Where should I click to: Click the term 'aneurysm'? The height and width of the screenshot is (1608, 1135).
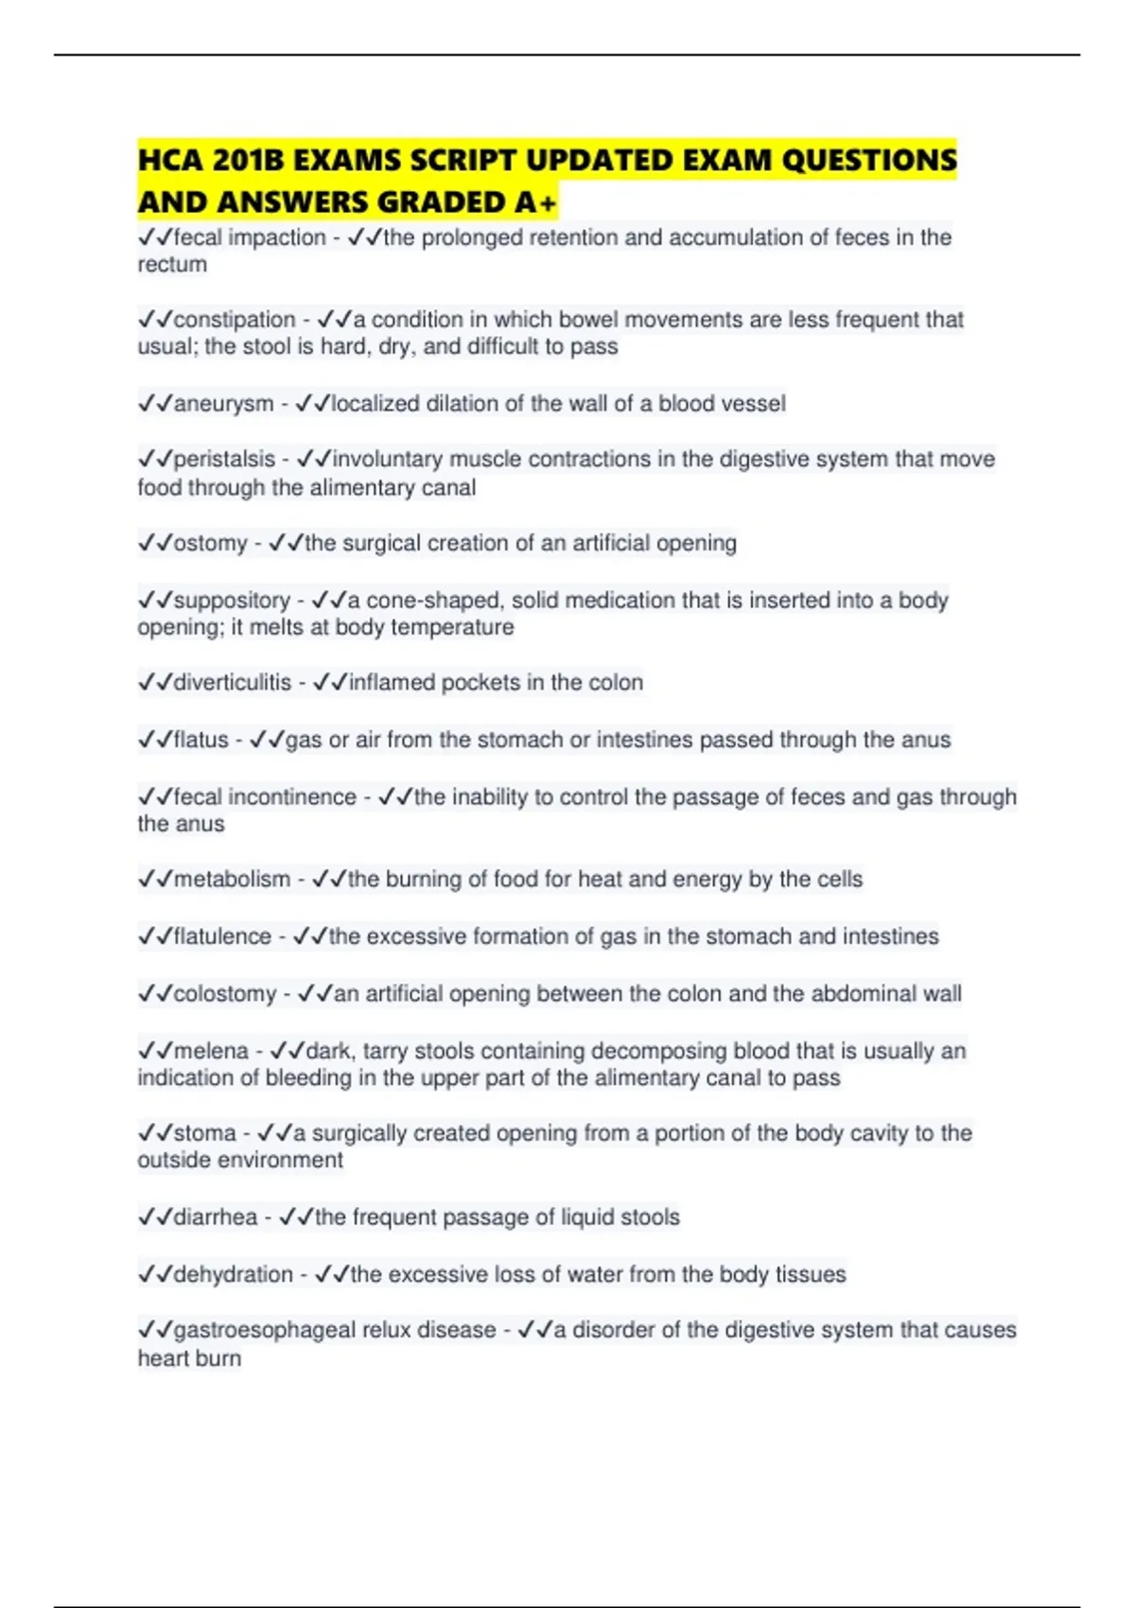point(223,404)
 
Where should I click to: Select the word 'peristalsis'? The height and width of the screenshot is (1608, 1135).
point(224,460)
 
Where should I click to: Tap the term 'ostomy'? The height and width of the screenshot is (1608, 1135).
point(210,544)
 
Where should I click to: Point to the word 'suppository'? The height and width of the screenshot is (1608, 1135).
point(232,601)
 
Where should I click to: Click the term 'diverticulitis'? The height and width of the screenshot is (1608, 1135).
point(232,683)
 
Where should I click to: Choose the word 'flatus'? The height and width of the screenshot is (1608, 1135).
point(201,740)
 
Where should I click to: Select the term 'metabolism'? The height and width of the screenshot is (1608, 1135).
point(232,880)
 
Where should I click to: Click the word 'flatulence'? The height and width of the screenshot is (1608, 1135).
point(222,936)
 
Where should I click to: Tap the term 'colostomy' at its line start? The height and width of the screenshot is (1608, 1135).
point(225,994)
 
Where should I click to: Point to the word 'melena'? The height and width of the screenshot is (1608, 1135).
point(211,1051)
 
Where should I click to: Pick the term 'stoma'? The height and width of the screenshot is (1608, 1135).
point(204,1133)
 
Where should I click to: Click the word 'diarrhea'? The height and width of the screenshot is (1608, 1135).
point(216,1217)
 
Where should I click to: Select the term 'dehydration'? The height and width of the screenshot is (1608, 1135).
point(233,1275)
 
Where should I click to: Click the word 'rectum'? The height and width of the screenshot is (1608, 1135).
point(172,265)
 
